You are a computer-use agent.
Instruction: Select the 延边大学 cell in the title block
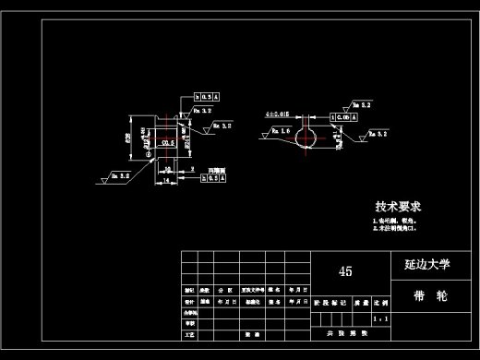pos(426,264)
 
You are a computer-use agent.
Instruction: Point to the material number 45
pos(346,271)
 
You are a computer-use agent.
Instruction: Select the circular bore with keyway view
pos(306,136)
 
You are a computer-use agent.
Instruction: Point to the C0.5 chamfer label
pos(168,144)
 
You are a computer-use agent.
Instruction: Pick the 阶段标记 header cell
pos(330,302)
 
